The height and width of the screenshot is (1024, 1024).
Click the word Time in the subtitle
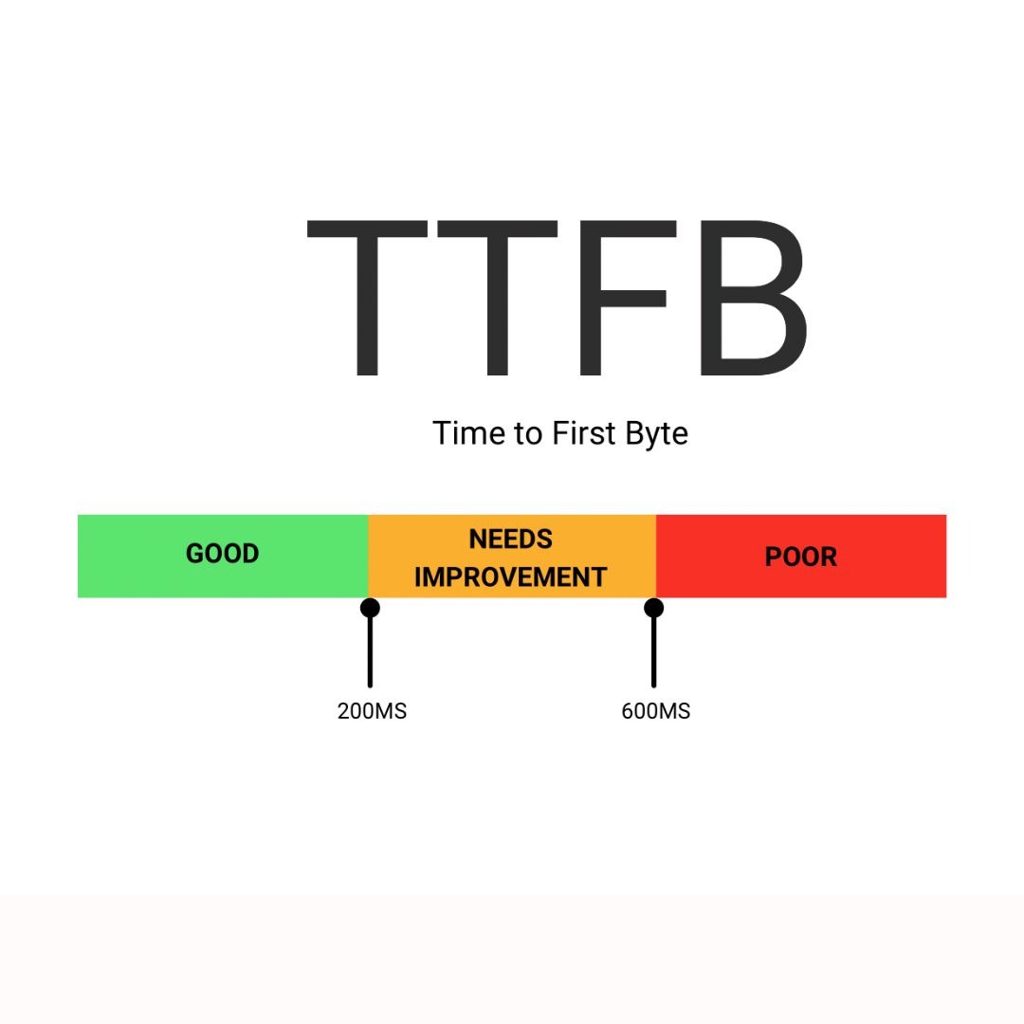pyautogui.click(x=469, y=433)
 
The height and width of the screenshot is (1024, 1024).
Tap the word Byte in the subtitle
pyautogui.click(x=656, y=435)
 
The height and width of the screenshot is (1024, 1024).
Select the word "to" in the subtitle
pyautogui.click(x=529, y=434)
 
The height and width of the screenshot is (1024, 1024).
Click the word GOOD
pyautogui.click(x=223, y=554)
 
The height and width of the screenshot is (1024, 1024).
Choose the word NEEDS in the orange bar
pyautogui.click(x=511, y=539)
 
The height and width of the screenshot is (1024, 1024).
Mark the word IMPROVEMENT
pyautogui.click(x=511, y=577)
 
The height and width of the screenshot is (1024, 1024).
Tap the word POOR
pyautogui.click(x=800, y=558)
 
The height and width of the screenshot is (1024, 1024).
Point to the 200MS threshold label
pyautogui.click(x=372, y=711)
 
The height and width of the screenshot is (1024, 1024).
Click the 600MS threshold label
pyautogui.click(x=656, y=711)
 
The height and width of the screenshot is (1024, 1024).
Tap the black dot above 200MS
pyautogui.click(x=370, y=608)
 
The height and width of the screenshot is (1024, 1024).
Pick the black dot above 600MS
pyautogui.click(x=653, y=608)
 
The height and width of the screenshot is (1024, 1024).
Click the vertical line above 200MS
pyautogui.click(x=370, y=652)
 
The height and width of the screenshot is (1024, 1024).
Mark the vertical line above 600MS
pyautogui.click(x=653, y=652)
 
